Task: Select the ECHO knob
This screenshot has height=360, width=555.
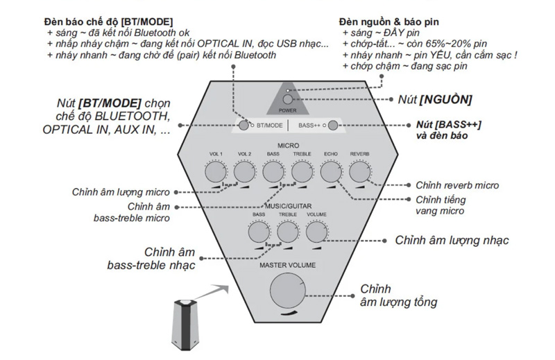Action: [330, 171]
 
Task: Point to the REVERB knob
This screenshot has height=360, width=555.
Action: [359, 171]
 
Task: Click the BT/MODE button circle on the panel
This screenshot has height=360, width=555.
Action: [244, 126]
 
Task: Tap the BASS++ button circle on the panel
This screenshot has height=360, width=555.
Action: [333, 126]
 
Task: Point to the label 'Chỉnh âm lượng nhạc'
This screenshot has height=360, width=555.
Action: [452, 241]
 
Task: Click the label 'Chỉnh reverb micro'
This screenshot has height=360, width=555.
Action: [456, 185]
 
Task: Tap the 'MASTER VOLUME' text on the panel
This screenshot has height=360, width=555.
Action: [288, 265]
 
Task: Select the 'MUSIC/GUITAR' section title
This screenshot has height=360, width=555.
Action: [288, 207]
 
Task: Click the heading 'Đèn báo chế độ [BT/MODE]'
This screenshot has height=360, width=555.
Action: [108, 22]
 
